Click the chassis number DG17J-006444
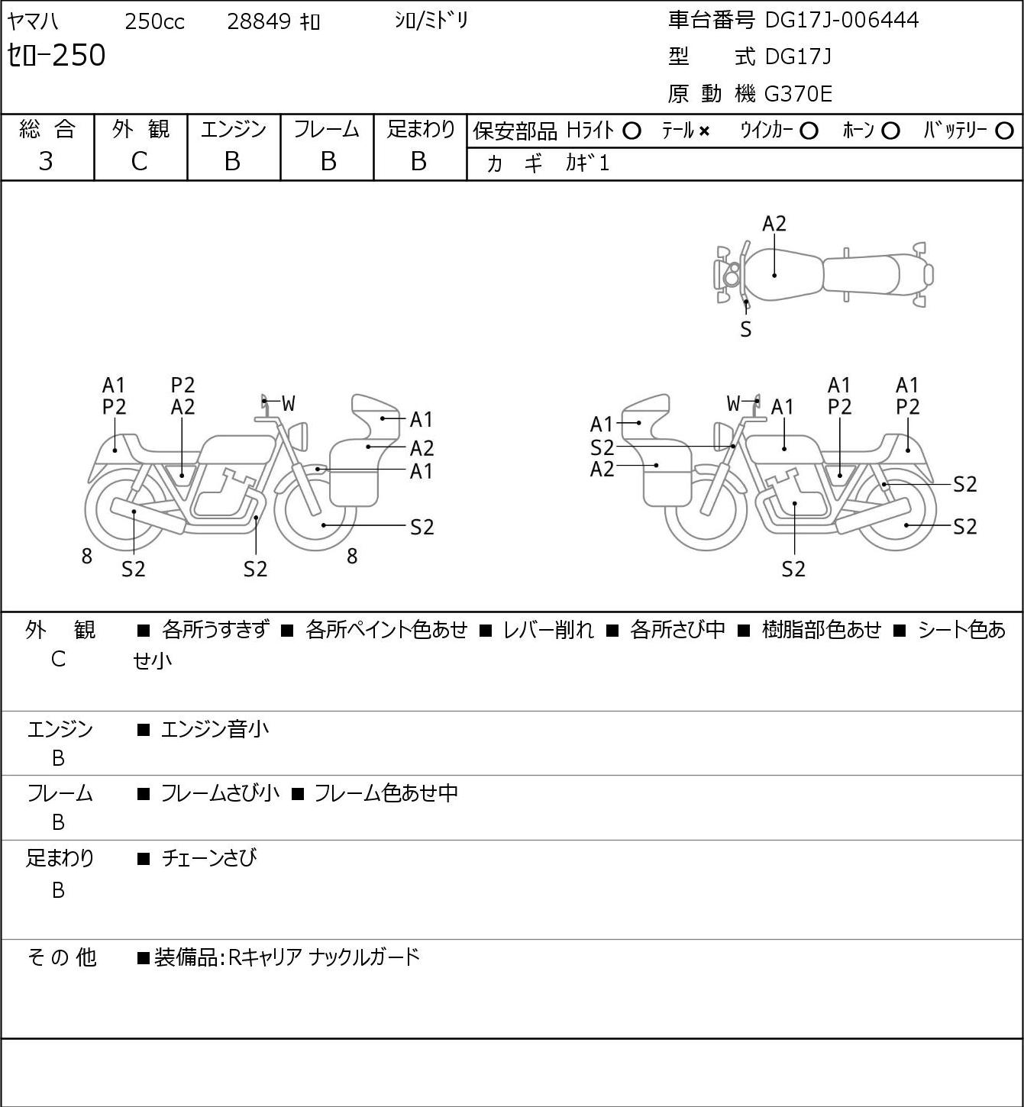click(841, 21)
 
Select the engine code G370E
click(798, 94)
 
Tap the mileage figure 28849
click(259, 21)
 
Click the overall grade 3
click(46, 162)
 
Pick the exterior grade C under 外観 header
click(139, 162)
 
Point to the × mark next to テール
click(704, 131)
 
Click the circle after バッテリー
click(1004, 131)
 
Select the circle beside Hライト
click(632, 131)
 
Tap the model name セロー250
click(56, 56)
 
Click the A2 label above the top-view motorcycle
click(774, 224)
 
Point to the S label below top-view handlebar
click(746, 330)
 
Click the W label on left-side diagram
click(289, 404)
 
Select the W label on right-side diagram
click(733, 404)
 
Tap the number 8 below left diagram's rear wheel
click(86, 556)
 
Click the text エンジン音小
click(215, 729)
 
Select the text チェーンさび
click(209, 858)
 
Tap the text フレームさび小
click(220, 793)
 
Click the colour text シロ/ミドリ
click(431, 21)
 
